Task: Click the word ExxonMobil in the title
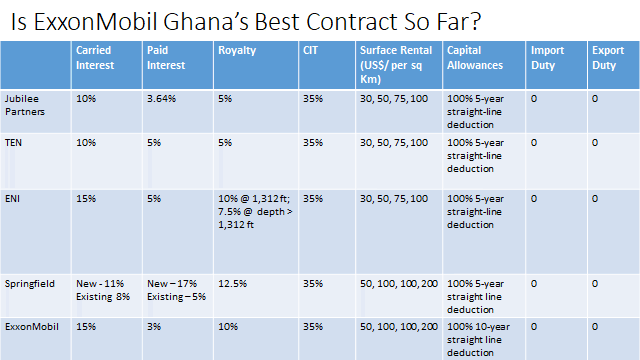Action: (95, 22)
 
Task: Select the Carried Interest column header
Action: (95, 58)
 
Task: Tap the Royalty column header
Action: (237, 50)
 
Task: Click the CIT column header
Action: (310, 50)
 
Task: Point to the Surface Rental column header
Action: (396, 64)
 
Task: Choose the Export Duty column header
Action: (608, 58)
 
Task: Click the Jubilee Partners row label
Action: (24, 105)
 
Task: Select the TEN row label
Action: (13, 143)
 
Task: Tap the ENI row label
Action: (12, 199)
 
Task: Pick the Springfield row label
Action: (29, 284)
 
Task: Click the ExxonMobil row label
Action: (31, 327)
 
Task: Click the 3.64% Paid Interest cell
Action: (161, 99)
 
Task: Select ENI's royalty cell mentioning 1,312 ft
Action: (255, 211)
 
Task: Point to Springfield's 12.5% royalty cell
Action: (232, 284)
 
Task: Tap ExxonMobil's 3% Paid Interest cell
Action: (154, 327)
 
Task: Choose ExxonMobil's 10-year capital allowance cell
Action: (478, 340)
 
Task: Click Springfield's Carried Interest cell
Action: (103, 290)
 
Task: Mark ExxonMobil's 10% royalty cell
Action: (228, 327)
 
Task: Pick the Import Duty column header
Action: (547, 58)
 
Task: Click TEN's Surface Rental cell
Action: (394, 143)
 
